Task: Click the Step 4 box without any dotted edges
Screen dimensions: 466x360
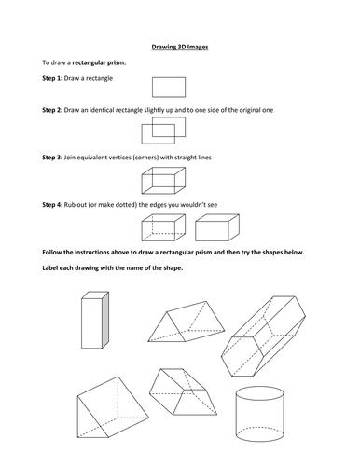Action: (x=217, y=227)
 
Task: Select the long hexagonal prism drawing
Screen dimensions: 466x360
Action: (x=267, y=337)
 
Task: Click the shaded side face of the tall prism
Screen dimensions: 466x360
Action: (x=104, y=322)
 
